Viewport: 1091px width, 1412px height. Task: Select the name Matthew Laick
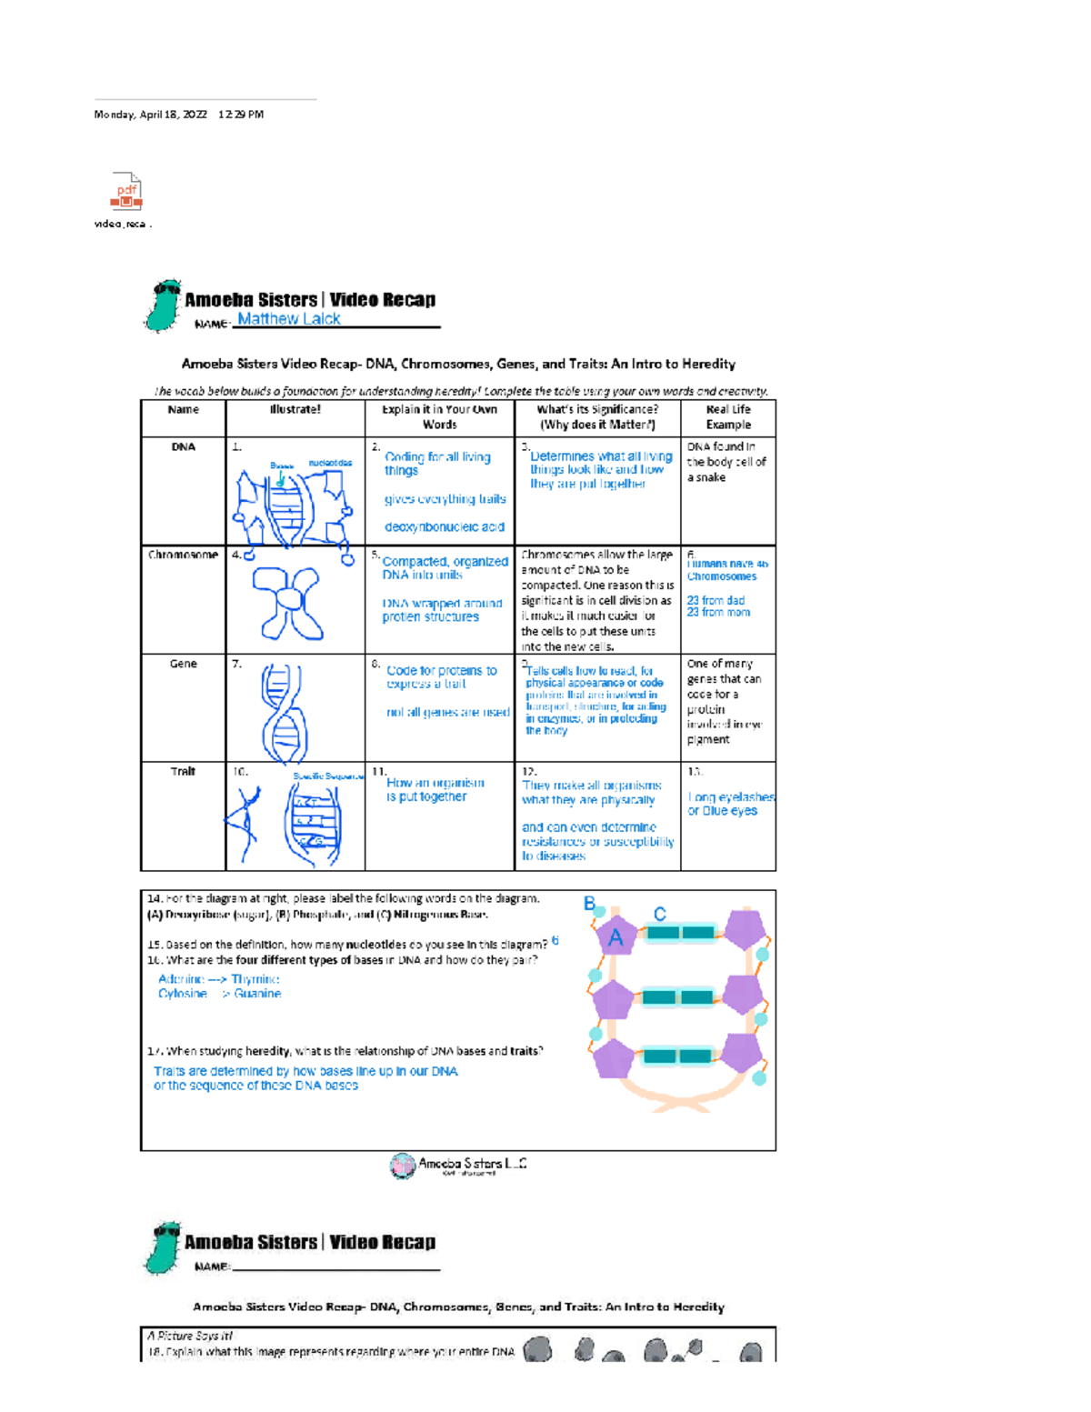(289, 318)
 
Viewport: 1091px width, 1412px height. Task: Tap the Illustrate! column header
(295, 410)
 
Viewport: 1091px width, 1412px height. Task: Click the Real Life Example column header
(728, 417)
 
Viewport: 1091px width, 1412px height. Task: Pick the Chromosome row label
(183, 555)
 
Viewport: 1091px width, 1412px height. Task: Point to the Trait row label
(183, 772)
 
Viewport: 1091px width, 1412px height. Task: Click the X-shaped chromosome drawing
(289, 601)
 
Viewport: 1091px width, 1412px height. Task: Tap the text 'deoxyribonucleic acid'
(444, 527)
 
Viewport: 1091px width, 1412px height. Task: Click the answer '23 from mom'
(718, 613)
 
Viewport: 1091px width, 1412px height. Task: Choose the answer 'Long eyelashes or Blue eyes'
(730, 804)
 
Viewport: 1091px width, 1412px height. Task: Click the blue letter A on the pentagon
(616, 937)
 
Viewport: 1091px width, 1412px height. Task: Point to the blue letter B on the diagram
(589, 904)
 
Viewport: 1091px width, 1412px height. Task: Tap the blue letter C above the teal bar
(660, 914)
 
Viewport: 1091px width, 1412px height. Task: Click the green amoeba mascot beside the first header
(164, 306)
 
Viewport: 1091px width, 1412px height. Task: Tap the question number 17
(154, 1051)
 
